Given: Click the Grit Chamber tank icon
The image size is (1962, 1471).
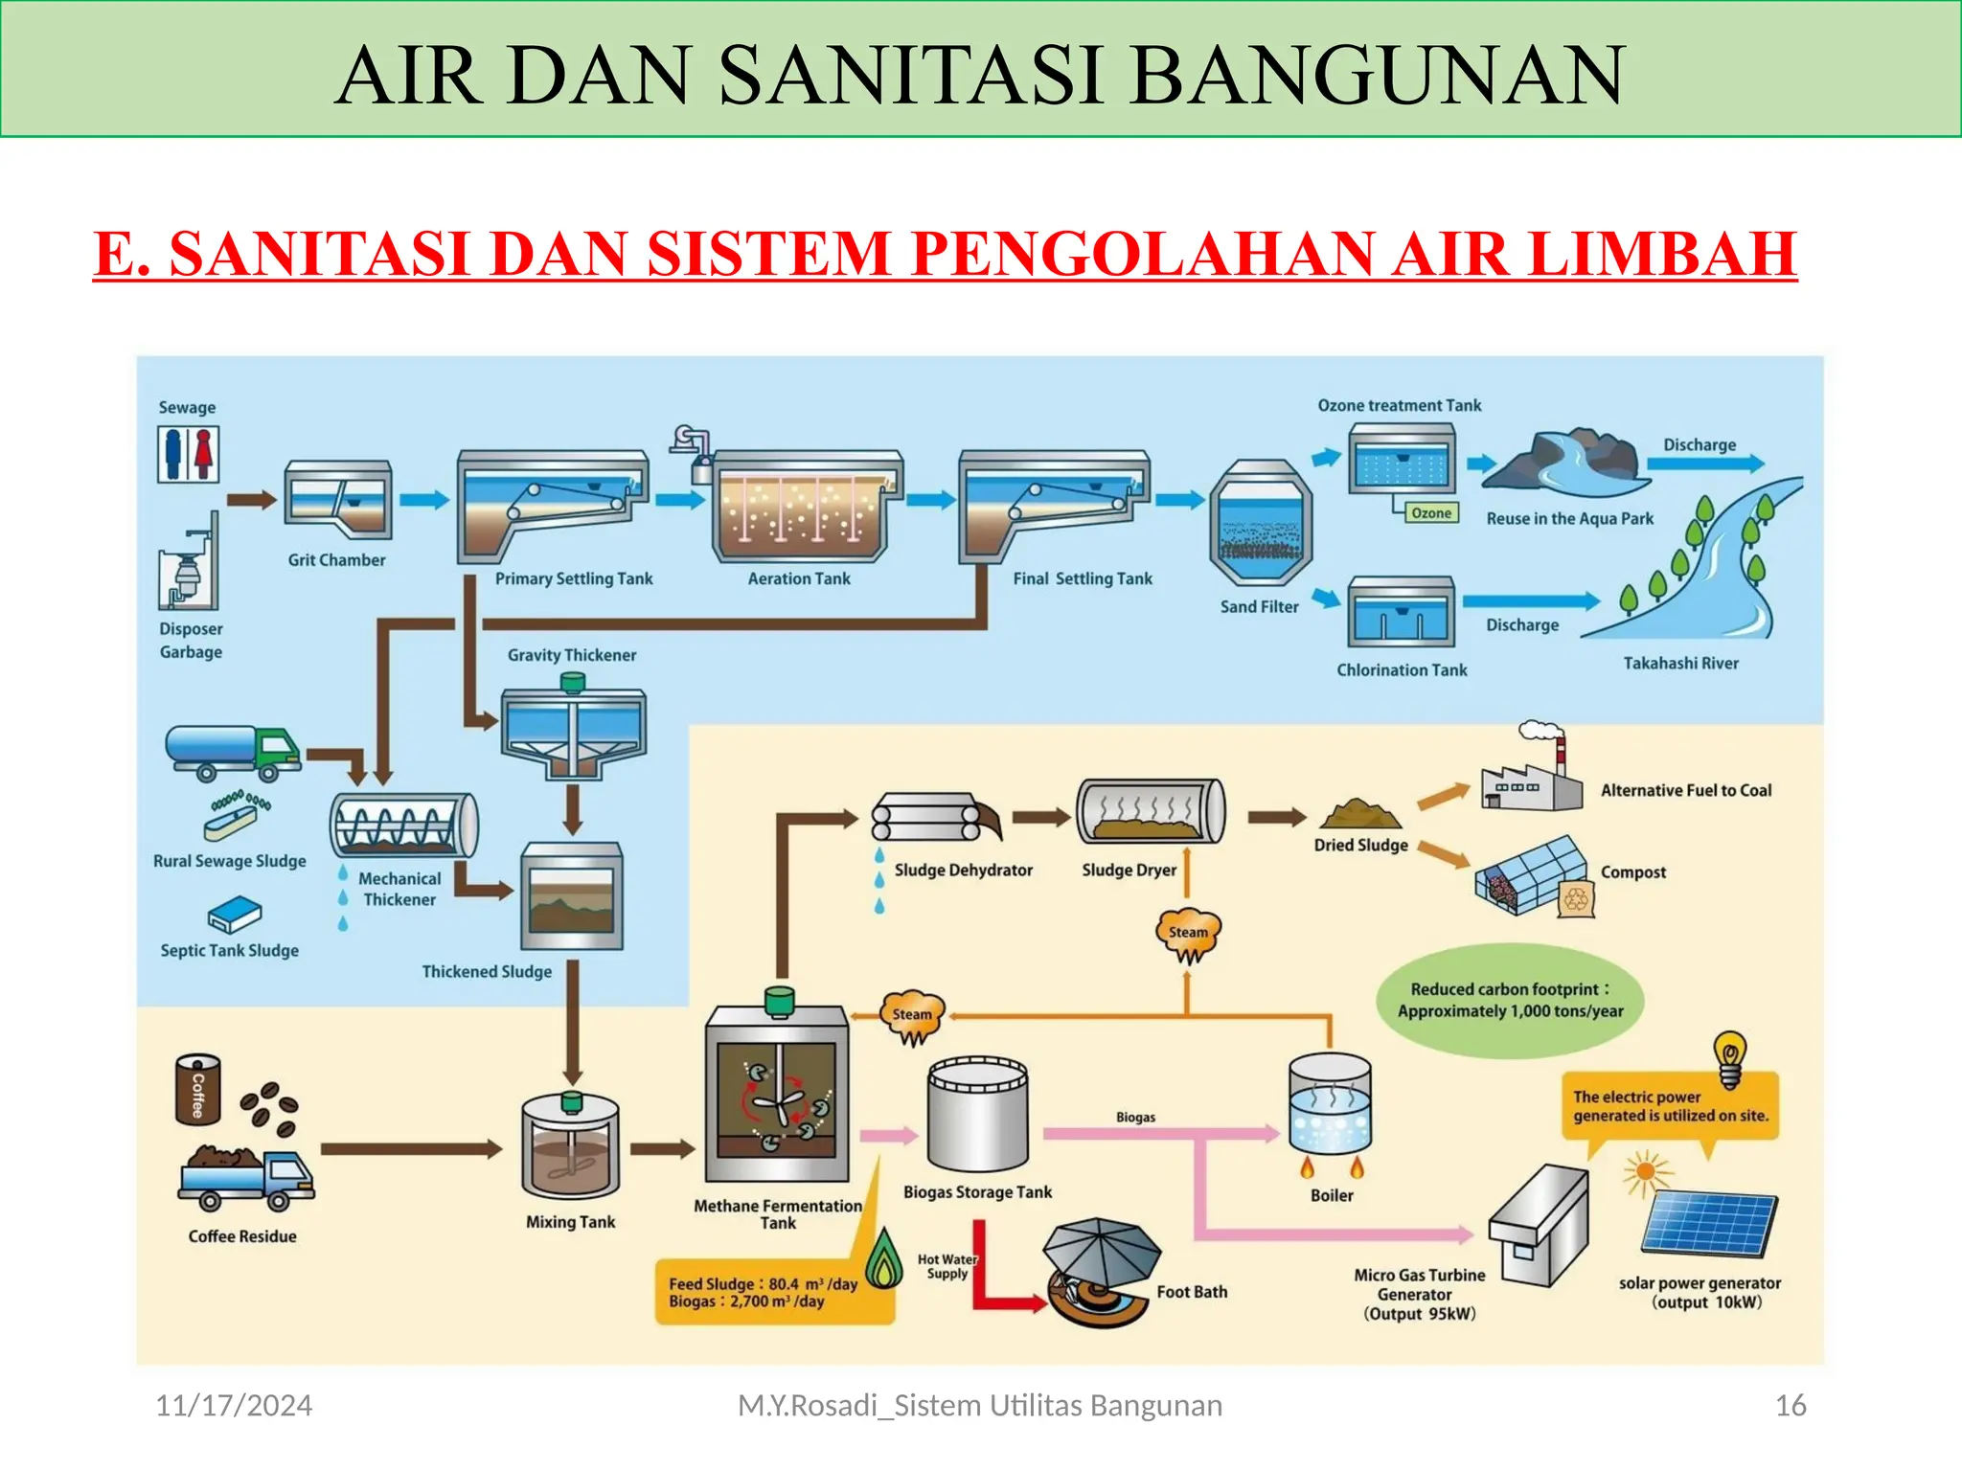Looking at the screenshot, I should click(x=338, y=500).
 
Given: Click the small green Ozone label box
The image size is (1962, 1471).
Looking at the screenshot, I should click(x=1430, y=513).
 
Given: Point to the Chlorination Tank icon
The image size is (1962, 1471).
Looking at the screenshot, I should click(x=1402, y=613).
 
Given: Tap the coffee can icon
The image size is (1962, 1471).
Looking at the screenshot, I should click(x=198, y=1090).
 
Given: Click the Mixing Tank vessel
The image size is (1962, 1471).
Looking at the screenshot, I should click(x=571, y=1147).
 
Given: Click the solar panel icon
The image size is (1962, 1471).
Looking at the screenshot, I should click(x=1709, y=1223).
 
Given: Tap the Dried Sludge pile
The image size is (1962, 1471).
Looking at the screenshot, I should click(x=1359, y=815).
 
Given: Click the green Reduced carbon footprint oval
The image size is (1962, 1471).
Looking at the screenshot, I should click(x=1510, y=1001).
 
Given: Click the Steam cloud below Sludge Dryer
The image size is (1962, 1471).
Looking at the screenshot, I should click(x=1188, y=934).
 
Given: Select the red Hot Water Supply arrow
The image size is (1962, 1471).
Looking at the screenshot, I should click(x=996, y=1283).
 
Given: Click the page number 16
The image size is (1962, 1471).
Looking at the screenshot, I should click(x=1790, y=1406).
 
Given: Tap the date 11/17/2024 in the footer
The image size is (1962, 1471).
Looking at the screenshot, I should click(x=234, y=1406).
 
